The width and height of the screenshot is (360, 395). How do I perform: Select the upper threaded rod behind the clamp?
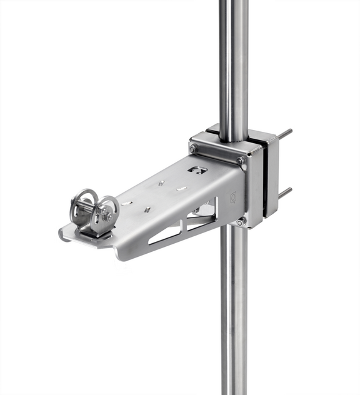(284, 134)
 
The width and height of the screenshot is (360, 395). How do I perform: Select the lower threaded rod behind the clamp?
(284, 192)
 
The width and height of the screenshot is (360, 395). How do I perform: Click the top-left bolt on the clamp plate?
(194, 147)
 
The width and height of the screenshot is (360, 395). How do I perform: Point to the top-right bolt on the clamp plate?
(240, 161)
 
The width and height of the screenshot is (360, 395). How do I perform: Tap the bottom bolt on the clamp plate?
(241, 221)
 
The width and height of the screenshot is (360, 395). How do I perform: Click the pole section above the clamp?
(233, 62)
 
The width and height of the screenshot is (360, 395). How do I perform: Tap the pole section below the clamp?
(234, 312)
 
